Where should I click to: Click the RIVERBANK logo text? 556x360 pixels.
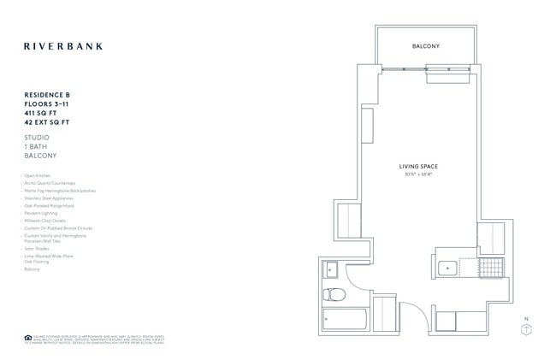pos(62,45)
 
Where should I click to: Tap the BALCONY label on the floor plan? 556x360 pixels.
pos(425,45)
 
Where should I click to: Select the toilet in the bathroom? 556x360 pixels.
pos(335,295)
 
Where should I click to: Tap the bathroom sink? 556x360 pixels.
pos(332,270)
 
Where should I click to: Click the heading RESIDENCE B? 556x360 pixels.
pos(48,96)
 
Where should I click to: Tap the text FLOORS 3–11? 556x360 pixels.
pos(46,104)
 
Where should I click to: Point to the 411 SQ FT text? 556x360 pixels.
pos(41,113)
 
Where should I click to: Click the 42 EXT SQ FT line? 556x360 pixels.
pos(47,122)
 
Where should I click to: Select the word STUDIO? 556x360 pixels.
pos(37,137)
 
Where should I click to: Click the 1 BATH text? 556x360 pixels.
pos(36,146)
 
